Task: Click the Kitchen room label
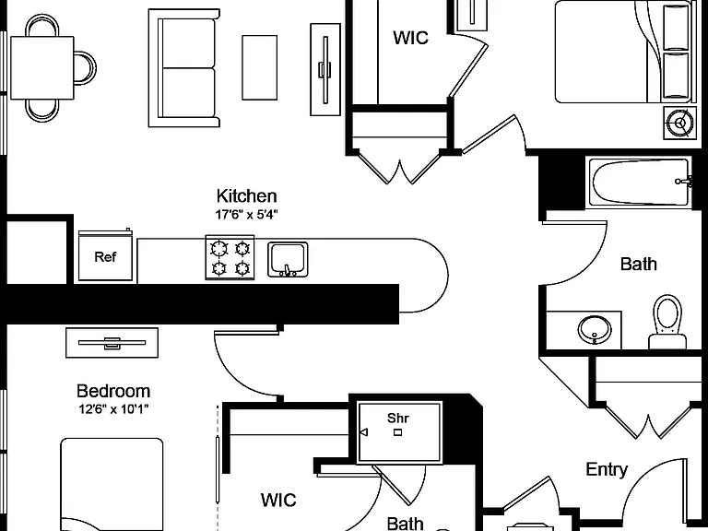246,196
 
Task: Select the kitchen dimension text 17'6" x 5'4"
246,215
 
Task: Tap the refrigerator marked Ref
106,255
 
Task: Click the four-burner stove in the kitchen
230,257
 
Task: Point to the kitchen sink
288,259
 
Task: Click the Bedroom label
112,391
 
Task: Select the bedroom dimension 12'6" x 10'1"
113,409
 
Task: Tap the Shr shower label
398,419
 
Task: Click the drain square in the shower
397,432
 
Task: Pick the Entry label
607,469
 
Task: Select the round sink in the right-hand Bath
595,330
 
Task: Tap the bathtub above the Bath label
640,183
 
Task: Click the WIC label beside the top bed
410,38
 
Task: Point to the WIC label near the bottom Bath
278,500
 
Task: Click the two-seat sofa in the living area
184,67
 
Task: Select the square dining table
42,67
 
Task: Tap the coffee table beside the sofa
260,67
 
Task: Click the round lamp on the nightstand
680,123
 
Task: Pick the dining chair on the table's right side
85,67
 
